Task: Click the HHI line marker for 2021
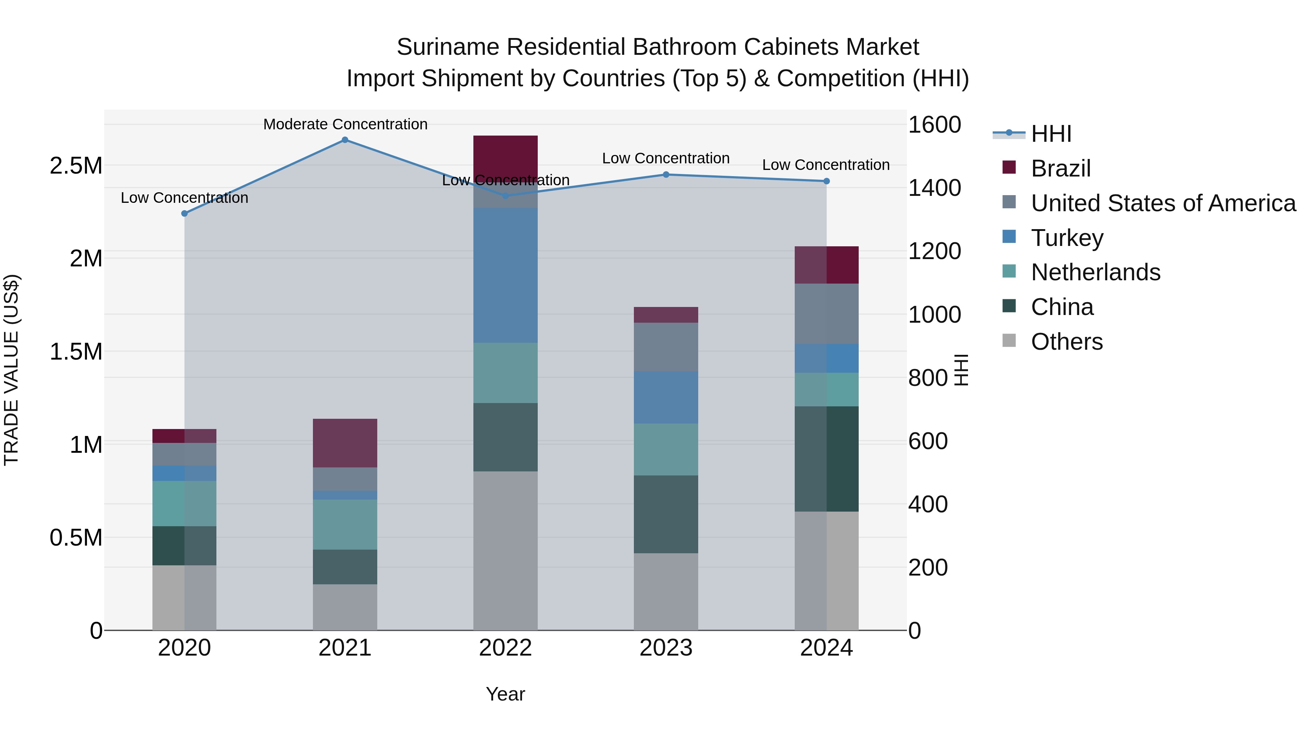[345, 140]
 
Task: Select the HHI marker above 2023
[666, 175]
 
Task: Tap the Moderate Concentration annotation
[345, 125]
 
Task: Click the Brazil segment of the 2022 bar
[505, 153]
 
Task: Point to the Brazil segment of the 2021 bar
[345, 443]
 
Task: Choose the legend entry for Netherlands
[1095, 272]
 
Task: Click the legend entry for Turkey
[1067, 238]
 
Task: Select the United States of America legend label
[1163, 203]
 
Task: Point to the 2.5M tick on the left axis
[76, 166]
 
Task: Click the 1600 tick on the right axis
[934, 125]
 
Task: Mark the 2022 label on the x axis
[505, 648]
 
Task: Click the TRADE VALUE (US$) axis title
[11, 370]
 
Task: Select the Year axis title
[505, 694]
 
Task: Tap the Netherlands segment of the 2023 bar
[666, 449]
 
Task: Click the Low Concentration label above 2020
[185, 198]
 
